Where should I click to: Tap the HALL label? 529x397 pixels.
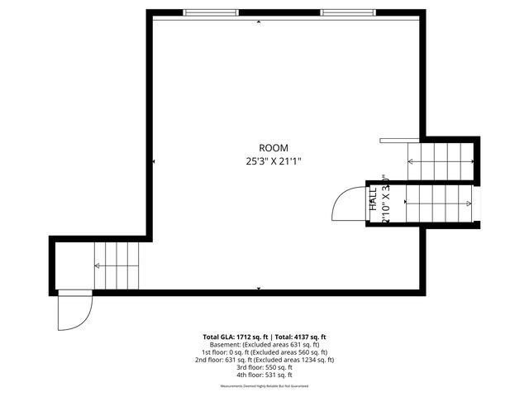click(x=373, y=203)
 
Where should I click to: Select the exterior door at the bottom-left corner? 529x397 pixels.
click(x=74, y=311)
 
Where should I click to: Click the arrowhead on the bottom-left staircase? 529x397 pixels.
click(x=98, y=265)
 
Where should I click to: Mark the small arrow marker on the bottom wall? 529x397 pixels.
click(x=260, y=288)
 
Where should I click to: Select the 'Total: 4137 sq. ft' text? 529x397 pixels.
click(x=300, y=337)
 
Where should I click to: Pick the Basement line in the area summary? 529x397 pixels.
click(x=264, y=345)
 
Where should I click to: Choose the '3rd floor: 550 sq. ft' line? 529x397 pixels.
click(x=264, y=367)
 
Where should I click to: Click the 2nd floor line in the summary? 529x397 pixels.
click(x=264, y=360)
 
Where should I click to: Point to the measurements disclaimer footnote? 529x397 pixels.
click(x=264, y=386)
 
